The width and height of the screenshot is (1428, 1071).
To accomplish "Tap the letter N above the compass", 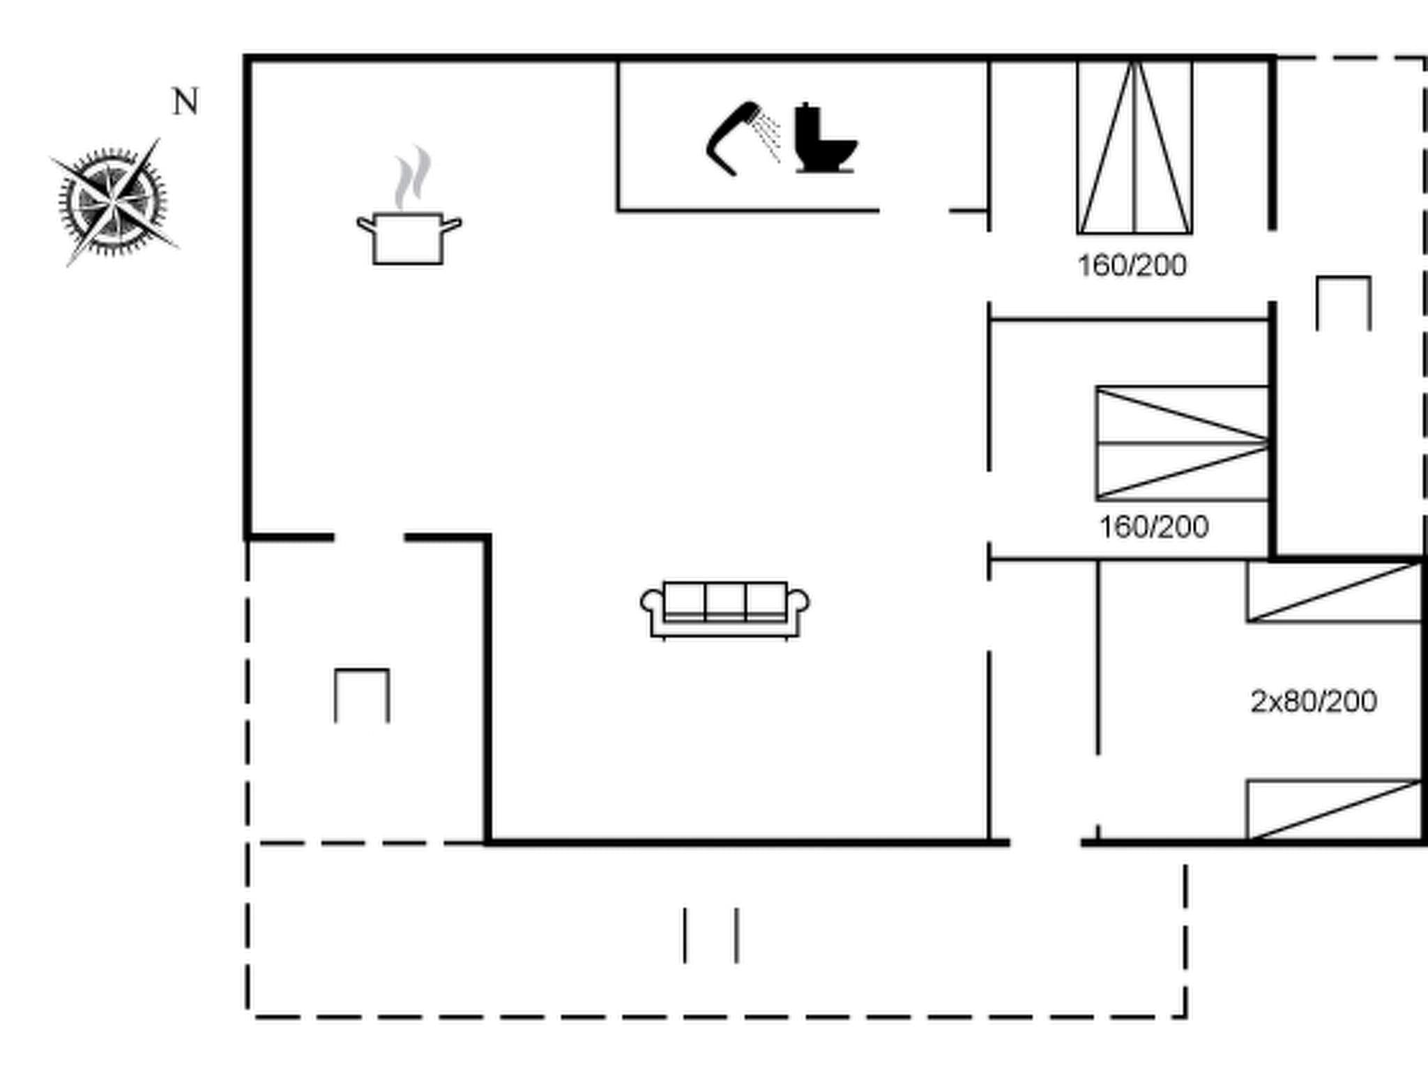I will pyautogui.click(x=185, y=102).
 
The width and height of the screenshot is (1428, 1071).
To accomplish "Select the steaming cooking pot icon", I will pyautogui.click(x=409, y=237).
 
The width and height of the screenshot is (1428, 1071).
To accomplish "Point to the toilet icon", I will pyautogui.click(x=824, y=139).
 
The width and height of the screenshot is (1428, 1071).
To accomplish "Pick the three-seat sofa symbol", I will pyautogui.click(x=725, y=609).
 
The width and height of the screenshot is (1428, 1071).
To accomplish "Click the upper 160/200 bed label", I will pyautogui.click(x=1132, y=266).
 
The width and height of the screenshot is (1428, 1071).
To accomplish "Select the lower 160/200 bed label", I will pyautogui.click(x=1154, y=527).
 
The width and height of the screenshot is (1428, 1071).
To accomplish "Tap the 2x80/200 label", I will pyautogui.click(x=1314, y=701).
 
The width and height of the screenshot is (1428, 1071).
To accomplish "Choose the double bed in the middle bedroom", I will pyautogui.click(x=1182, y=443).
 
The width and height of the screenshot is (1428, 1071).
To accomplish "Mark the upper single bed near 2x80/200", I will pyautogui.click(x=1334, y=592).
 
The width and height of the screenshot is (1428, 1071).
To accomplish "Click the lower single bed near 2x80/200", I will pyautogui.click(x=1334, y=810).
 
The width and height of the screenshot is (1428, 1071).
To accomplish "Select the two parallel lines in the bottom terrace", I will pyautogui.click(x=711, y=935).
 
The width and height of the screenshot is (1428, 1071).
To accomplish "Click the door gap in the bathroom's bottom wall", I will pyautogui.click(x=914, y=210).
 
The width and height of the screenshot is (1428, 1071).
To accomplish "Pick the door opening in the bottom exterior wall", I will pyautogui.click(x=1045, y=843).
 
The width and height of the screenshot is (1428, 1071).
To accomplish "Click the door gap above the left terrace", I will pyautogui.click(x=369, y=538).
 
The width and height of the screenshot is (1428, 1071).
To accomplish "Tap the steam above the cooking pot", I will pyautogui.click(x=412, y=177).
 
